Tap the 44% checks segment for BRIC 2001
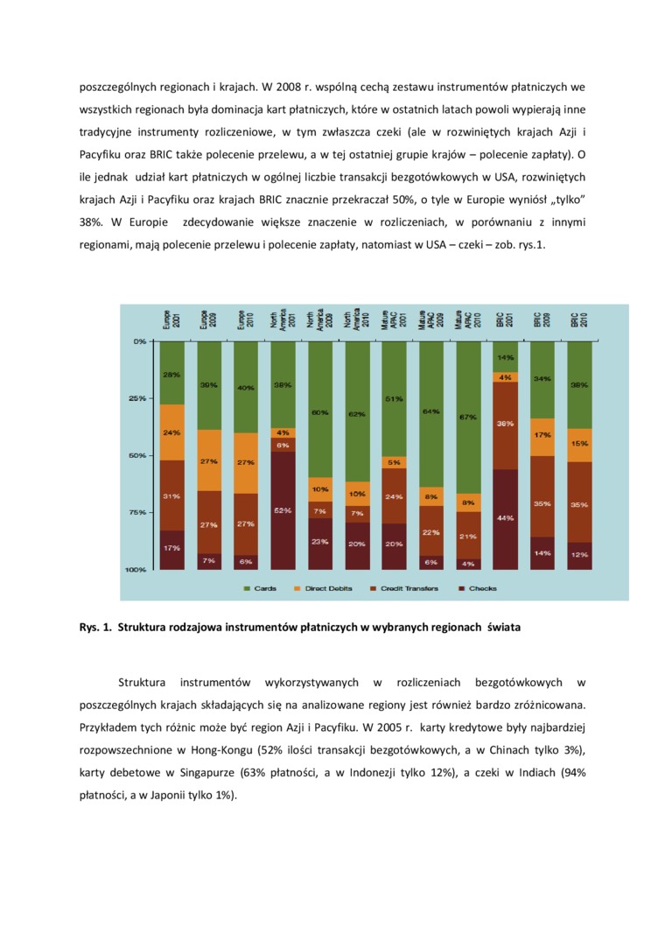506,518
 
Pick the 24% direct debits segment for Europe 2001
171,432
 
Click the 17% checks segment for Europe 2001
171,549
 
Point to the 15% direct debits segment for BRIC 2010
579,445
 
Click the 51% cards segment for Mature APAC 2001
395,398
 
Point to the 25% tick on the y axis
138,398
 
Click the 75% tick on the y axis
138,512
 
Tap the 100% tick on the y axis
136,570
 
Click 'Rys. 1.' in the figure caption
94,627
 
